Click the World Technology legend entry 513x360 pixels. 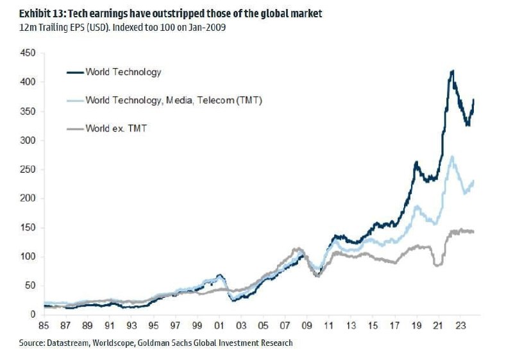click(x=123, y=72)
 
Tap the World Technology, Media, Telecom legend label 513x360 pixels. click(x=174, y=101)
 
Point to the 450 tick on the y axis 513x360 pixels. click(x=28, y=53)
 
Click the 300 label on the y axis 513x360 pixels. click(x=28, y=141)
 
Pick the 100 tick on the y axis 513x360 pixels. click(x=28, y=257)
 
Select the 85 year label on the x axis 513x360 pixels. click(x=44, y=326)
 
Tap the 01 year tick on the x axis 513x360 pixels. click(x=219, y=326)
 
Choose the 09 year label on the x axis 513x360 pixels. click(x=307, y=326)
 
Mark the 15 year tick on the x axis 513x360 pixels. click(x=373, y=326)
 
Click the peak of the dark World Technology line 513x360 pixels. click(x=453, y=71)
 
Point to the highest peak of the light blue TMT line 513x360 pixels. click(x=453, y=156)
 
